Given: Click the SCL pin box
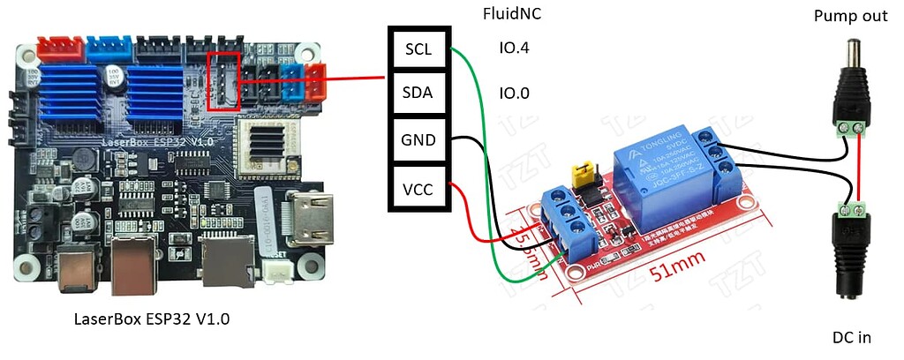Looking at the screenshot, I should tap(419, 49).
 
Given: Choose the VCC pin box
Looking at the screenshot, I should tap(419, 187).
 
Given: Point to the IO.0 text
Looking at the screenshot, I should tap(516, 93).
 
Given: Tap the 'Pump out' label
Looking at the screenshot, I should tap(850, 16).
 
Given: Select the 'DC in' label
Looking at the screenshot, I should tap(851, 337).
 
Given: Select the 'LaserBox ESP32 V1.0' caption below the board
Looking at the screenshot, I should tap(152, 319).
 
